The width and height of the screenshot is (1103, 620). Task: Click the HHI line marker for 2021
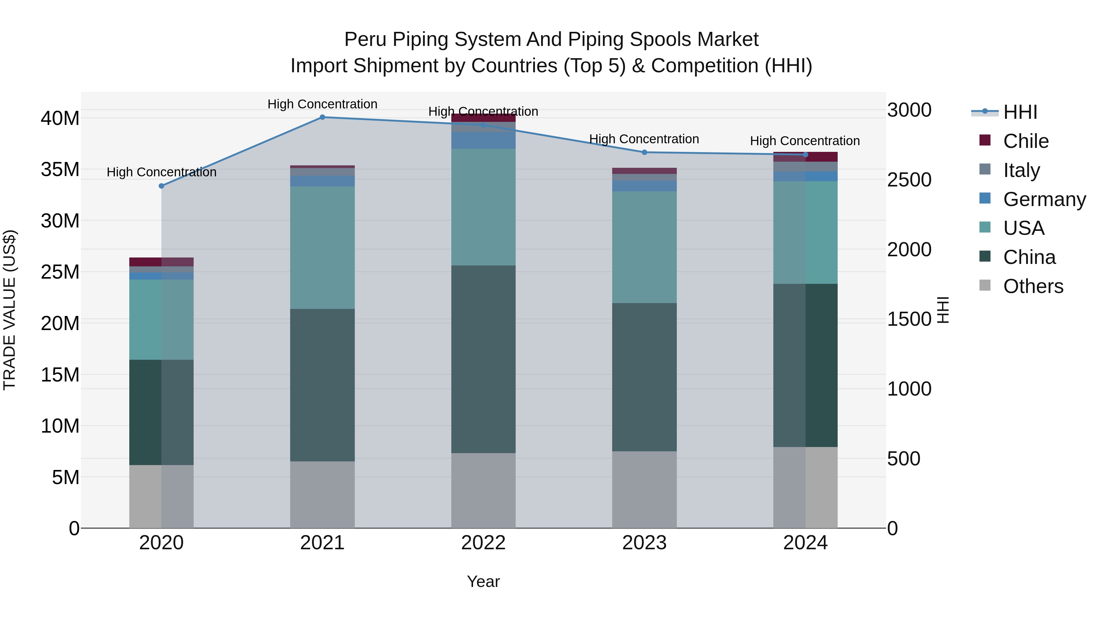click(x=322, y=117)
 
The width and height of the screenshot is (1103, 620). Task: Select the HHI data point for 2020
click(x=161, y=186)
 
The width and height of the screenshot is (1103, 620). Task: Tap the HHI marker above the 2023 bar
click(x=644, y=152)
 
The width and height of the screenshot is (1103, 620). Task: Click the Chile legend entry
click(x=1025, y=141)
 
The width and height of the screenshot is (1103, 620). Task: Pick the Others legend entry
click(x=1033, y=286)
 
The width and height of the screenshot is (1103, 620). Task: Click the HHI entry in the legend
click(x=1020, y=112)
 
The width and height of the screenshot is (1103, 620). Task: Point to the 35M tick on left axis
click(x=60, y=169)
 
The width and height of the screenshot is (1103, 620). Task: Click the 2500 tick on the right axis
click(x=909, y=180)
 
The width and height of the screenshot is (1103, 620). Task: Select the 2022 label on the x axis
click(x=483, y=543)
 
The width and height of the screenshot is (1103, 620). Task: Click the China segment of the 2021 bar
click(x=322, y=385)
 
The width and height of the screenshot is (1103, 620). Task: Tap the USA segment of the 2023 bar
click(x=644, y=247)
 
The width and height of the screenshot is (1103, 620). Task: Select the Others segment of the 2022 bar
click(x=483, y=490)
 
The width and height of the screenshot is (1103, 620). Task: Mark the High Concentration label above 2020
click(x=161, y=172)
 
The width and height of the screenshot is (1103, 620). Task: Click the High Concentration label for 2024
click(x=805, y=141)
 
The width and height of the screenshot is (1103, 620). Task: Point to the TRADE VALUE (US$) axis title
click(x=10, y=310)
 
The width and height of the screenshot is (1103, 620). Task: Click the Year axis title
click(x=483, y=581)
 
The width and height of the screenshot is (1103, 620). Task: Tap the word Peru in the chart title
click(x=366, y=39)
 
